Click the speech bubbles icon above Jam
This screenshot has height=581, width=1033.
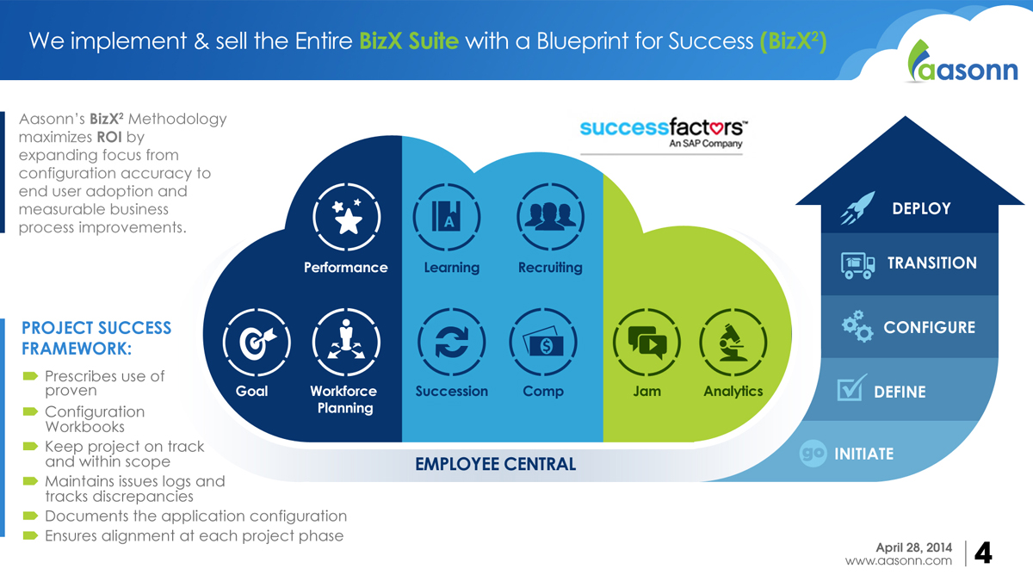point(646,342)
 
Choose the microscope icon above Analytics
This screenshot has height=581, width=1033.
point(733,342)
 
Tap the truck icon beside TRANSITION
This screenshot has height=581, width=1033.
point(858,264)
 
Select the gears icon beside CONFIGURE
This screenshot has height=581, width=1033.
point(857,327)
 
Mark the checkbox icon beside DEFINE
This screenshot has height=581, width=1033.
point(851,390)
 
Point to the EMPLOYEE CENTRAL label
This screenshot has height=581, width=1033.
point(495,465)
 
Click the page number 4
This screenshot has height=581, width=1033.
point(982,553)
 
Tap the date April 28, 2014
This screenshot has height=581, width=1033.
point(913,547)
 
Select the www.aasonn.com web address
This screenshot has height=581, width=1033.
point(899,561)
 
